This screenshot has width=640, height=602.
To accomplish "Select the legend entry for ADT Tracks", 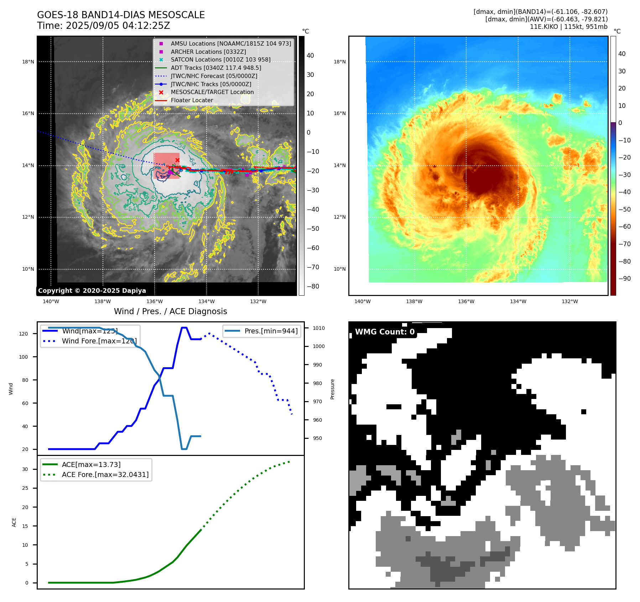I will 216,68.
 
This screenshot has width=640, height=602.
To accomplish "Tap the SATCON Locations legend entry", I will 220,60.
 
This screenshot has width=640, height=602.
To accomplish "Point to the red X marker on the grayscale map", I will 177,160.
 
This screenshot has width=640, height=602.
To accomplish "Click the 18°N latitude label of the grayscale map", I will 28,62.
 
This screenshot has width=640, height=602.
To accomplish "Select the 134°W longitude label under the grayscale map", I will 207,302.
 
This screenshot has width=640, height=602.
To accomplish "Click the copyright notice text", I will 92,291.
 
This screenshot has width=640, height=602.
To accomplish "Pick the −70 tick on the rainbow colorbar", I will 624,244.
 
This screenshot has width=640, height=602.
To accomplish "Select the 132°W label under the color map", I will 570,302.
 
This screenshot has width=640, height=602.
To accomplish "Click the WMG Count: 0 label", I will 385,332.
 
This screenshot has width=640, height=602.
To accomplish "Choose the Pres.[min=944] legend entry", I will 271,331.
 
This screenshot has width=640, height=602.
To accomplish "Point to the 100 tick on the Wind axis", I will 24,357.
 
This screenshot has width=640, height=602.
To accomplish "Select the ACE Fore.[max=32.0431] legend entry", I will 105,474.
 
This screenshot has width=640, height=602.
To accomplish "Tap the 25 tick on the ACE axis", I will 25,488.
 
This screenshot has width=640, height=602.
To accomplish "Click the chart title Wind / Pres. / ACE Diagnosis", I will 170,312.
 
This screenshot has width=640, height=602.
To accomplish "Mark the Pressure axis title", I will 332,389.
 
